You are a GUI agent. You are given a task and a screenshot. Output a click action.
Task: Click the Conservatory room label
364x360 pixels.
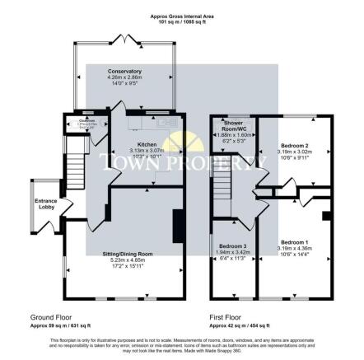[x=124, y=72]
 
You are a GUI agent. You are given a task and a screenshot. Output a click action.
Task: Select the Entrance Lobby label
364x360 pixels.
[x=45, y=203]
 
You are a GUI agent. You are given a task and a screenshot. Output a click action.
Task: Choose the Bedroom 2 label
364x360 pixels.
[x=292, y=143]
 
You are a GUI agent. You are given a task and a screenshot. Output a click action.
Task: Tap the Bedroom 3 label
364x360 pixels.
[x=232, y=245]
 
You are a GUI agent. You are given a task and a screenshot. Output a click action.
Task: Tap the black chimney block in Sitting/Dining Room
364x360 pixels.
[x=176, y=224]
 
